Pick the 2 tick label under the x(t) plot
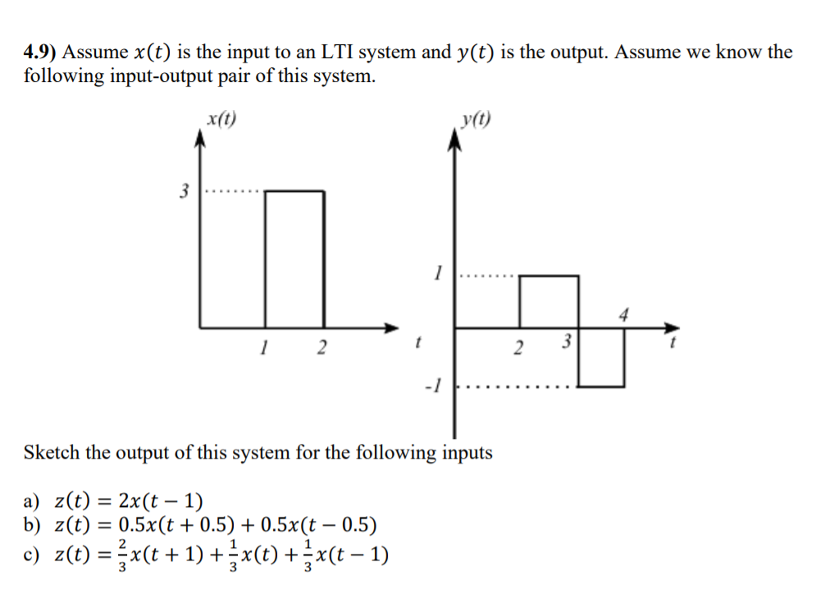coord(321,349)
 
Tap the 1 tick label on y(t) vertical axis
coord(439,272)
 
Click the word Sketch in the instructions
coord(52,452)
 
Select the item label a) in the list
coord(33,501)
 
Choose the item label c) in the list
coord(32,555)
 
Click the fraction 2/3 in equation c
coord(122,555)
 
